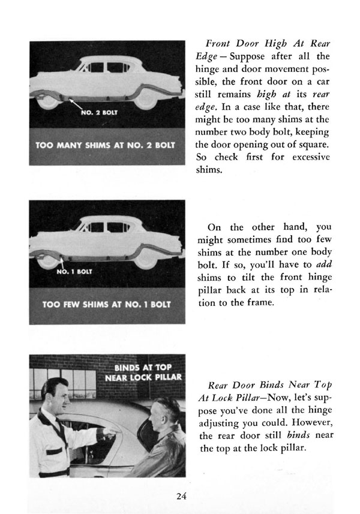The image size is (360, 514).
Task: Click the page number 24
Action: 182,495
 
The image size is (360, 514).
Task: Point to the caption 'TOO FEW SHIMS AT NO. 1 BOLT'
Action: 99,304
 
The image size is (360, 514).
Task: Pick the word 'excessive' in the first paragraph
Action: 307,157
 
